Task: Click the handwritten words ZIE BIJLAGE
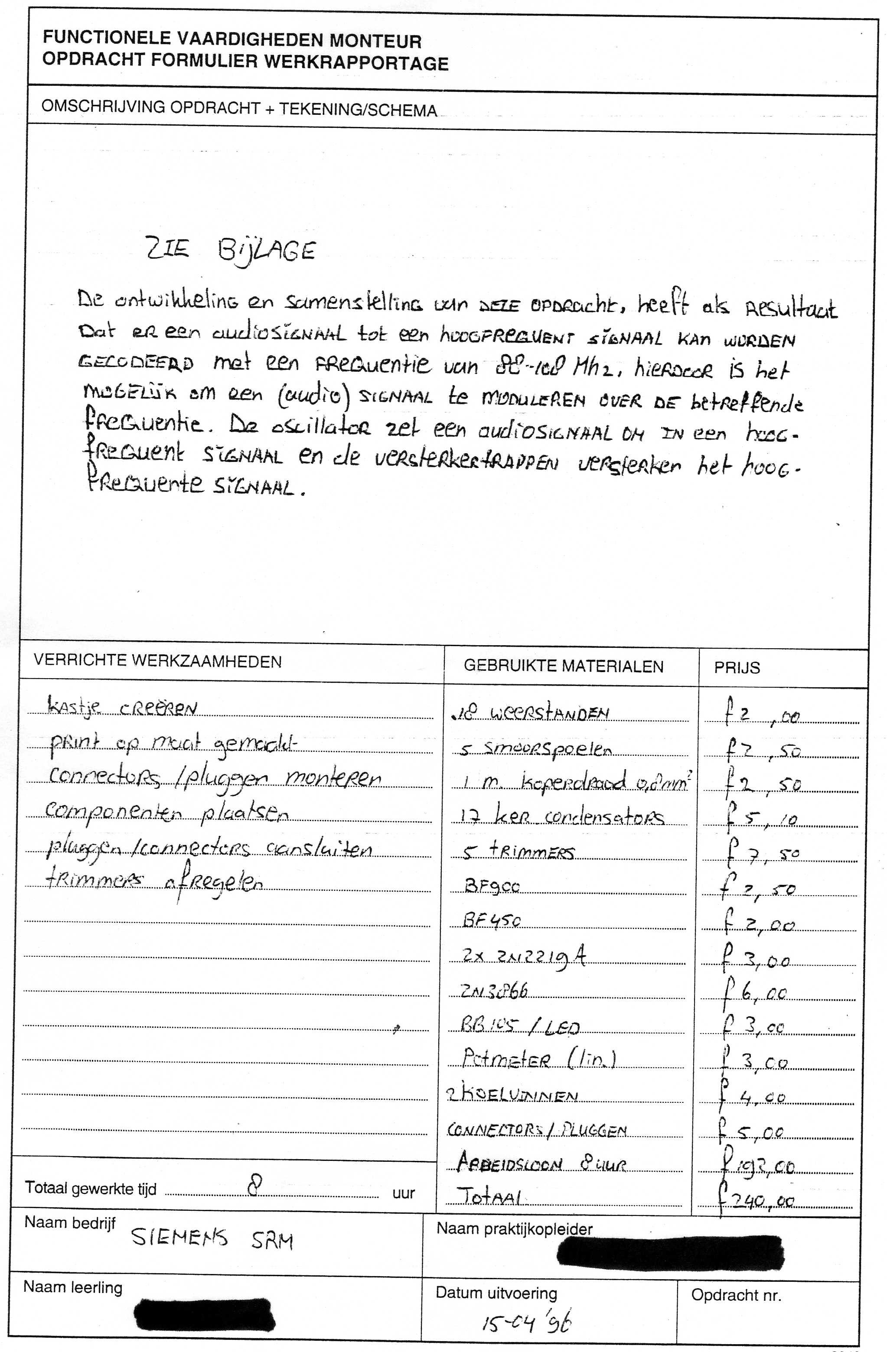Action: click(x=230, y=250)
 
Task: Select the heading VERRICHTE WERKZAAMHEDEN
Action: click(x=157, y=661)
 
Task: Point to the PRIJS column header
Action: click(x=737, y=667)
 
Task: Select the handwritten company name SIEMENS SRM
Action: click(x=212, y=1239)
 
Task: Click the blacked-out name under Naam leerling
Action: click(x=205, y=1313)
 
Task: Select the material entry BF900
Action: click(x=492, y=886)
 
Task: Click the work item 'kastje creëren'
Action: click(x=122, y=707)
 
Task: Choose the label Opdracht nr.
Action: click(x=736, y=1295)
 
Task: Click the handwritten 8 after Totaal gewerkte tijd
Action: click(x=255, y=1186)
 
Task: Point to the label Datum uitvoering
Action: click(x=496, y=1293)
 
